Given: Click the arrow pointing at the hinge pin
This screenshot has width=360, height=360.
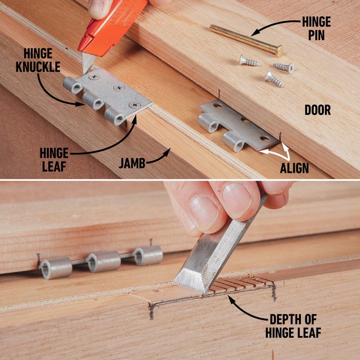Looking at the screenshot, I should click(x=276, y=26).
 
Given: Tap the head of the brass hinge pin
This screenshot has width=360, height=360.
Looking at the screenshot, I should click(x=278, y=51).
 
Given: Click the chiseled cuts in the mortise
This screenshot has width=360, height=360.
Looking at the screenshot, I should click(x=239, y=283).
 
